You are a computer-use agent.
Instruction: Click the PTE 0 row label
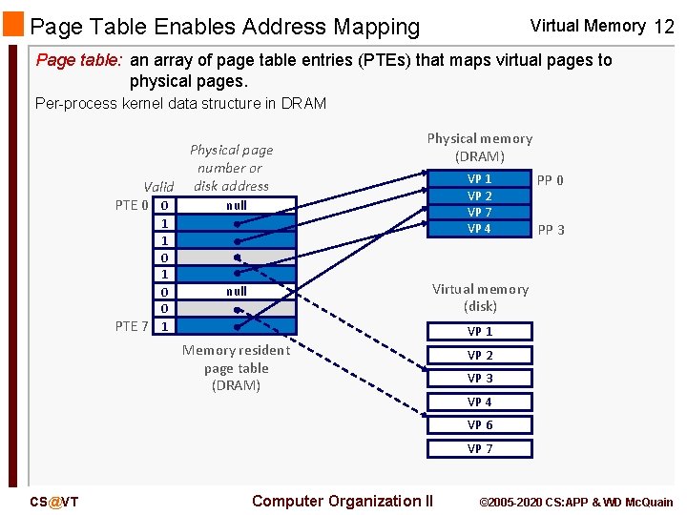(x=132, y=205)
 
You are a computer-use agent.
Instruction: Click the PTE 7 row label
(x=132, y=326)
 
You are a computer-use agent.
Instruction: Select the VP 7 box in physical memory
(x=479, y=212)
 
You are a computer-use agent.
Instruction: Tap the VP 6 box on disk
(x=479, y=425)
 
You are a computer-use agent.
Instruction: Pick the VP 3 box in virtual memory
(x=479, y=379)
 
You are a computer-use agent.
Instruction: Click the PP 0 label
(x=550, y=179)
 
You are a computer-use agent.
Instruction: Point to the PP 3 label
(x=551, y=230)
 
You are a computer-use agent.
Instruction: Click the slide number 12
(x=664, y=27)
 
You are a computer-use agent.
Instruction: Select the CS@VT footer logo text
(x=53, y=503)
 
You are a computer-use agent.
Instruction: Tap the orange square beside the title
(x=13, y=25)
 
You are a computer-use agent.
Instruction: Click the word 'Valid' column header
(x=158, y=187)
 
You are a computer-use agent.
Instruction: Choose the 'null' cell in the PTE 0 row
(x=236, y=205)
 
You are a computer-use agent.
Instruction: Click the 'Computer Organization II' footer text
(x=343, y=502)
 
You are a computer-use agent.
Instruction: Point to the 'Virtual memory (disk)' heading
(x=480, y=298)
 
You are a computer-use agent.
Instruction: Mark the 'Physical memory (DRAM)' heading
(x=479, y=147)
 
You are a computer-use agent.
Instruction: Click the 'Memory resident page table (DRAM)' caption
(x=236, y=368)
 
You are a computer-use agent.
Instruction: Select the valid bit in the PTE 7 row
(x=165, y=326)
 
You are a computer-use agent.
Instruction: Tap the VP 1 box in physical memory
(x=479, y=178)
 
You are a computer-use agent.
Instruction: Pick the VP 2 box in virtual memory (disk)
(x=479, y=355)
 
